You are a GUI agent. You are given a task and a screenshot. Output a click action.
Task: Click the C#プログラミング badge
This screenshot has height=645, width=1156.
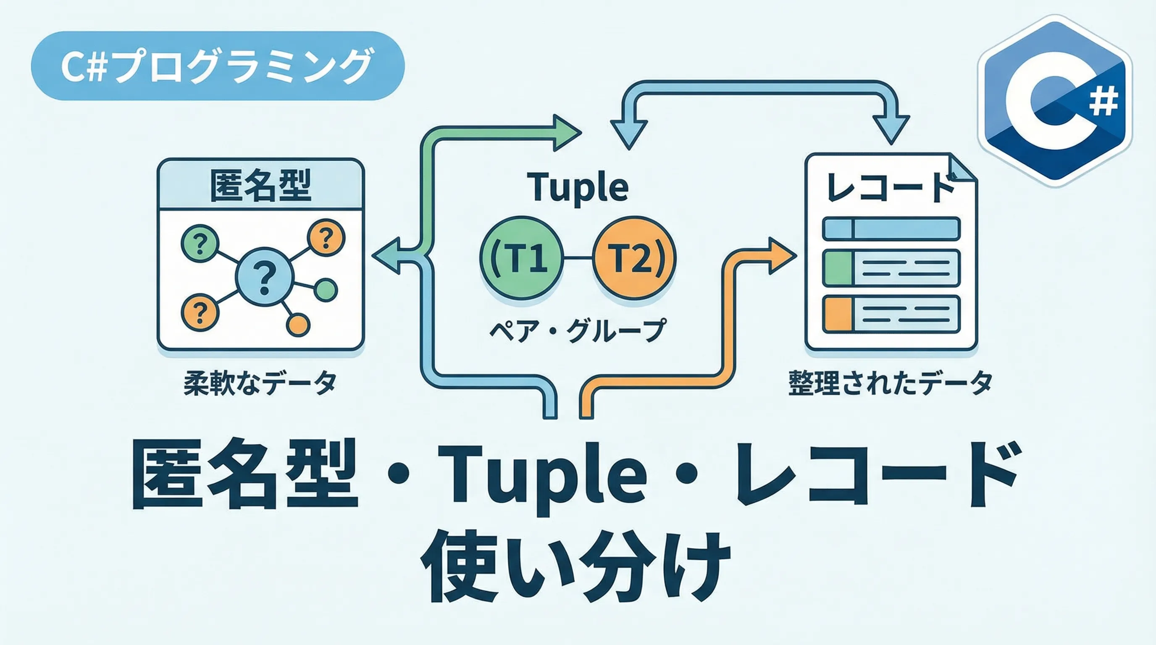218,66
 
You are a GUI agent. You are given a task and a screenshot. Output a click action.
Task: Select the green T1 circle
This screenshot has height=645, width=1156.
520,258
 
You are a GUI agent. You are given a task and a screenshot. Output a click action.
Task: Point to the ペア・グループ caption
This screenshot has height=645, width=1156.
578,331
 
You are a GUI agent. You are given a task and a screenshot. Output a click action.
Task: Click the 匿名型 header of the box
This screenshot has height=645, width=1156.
260,185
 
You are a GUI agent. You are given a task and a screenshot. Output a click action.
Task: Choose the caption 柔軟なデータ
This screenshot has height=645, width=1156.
260,383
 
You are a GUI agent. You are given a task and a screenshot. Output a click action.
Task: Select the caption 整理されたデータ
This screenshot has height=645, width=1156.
891,383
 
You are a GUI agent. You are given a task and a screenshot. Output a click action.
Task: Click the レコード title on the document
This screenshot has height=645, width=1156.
891,187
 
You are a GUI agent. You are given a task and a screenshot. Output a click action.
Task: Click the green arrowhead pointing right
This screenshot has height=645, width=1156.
566,133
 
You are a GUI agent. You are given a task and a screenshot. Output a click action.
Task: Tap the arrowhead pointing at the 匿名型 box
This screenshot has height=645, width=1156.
387,256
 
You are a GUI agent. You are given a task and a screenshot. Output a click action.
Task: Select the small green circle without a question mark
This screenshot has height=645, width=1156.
326,290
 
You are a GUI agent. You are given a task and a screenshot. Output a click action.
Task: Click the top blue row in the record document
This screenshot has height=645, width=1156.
891,228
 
